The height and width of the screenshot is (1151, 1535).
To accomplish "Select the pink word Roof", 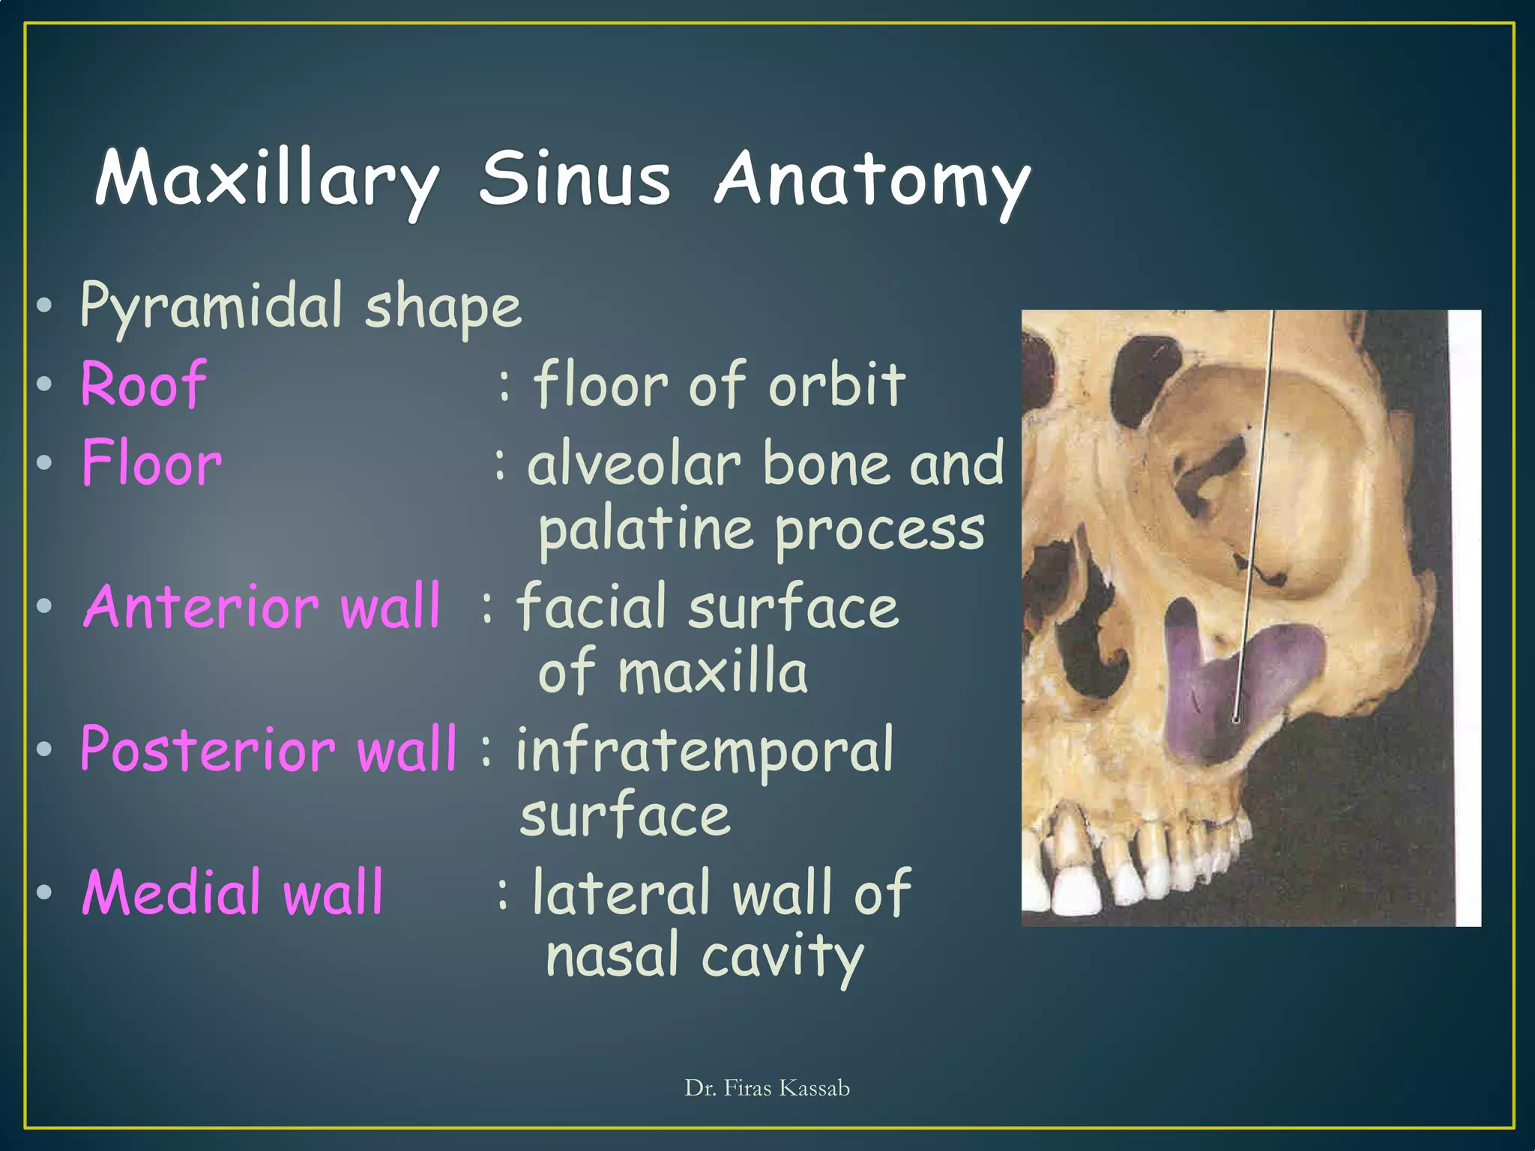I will pyautogui.click(x=143, y=384).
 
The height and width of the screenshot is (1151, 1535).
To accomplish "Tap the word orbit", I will pyautogui.click(x=837, y=384).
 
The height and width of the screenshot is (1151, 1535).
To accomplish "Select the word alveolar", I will pyautogui.click(x=634, y=464).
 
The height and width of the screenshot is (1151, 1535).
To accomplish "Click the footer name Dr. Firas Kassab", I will pyautogui.click(x=767, y=1088).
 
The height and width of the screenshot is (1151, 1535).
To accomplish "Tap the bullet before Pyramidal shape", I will pyautogui.click(x=44, y=305).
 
